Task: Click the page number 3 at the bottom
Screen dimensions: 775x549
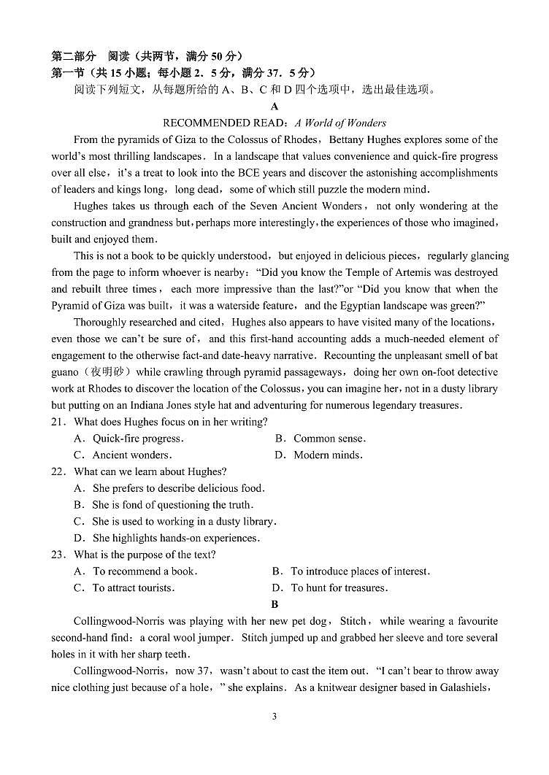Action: tap(274, 717)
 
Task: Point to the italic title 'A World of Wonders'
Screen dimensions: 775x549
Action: tap(340, 123)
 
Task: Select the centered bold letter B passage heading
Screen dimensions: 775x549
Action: tap(274, 605)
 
